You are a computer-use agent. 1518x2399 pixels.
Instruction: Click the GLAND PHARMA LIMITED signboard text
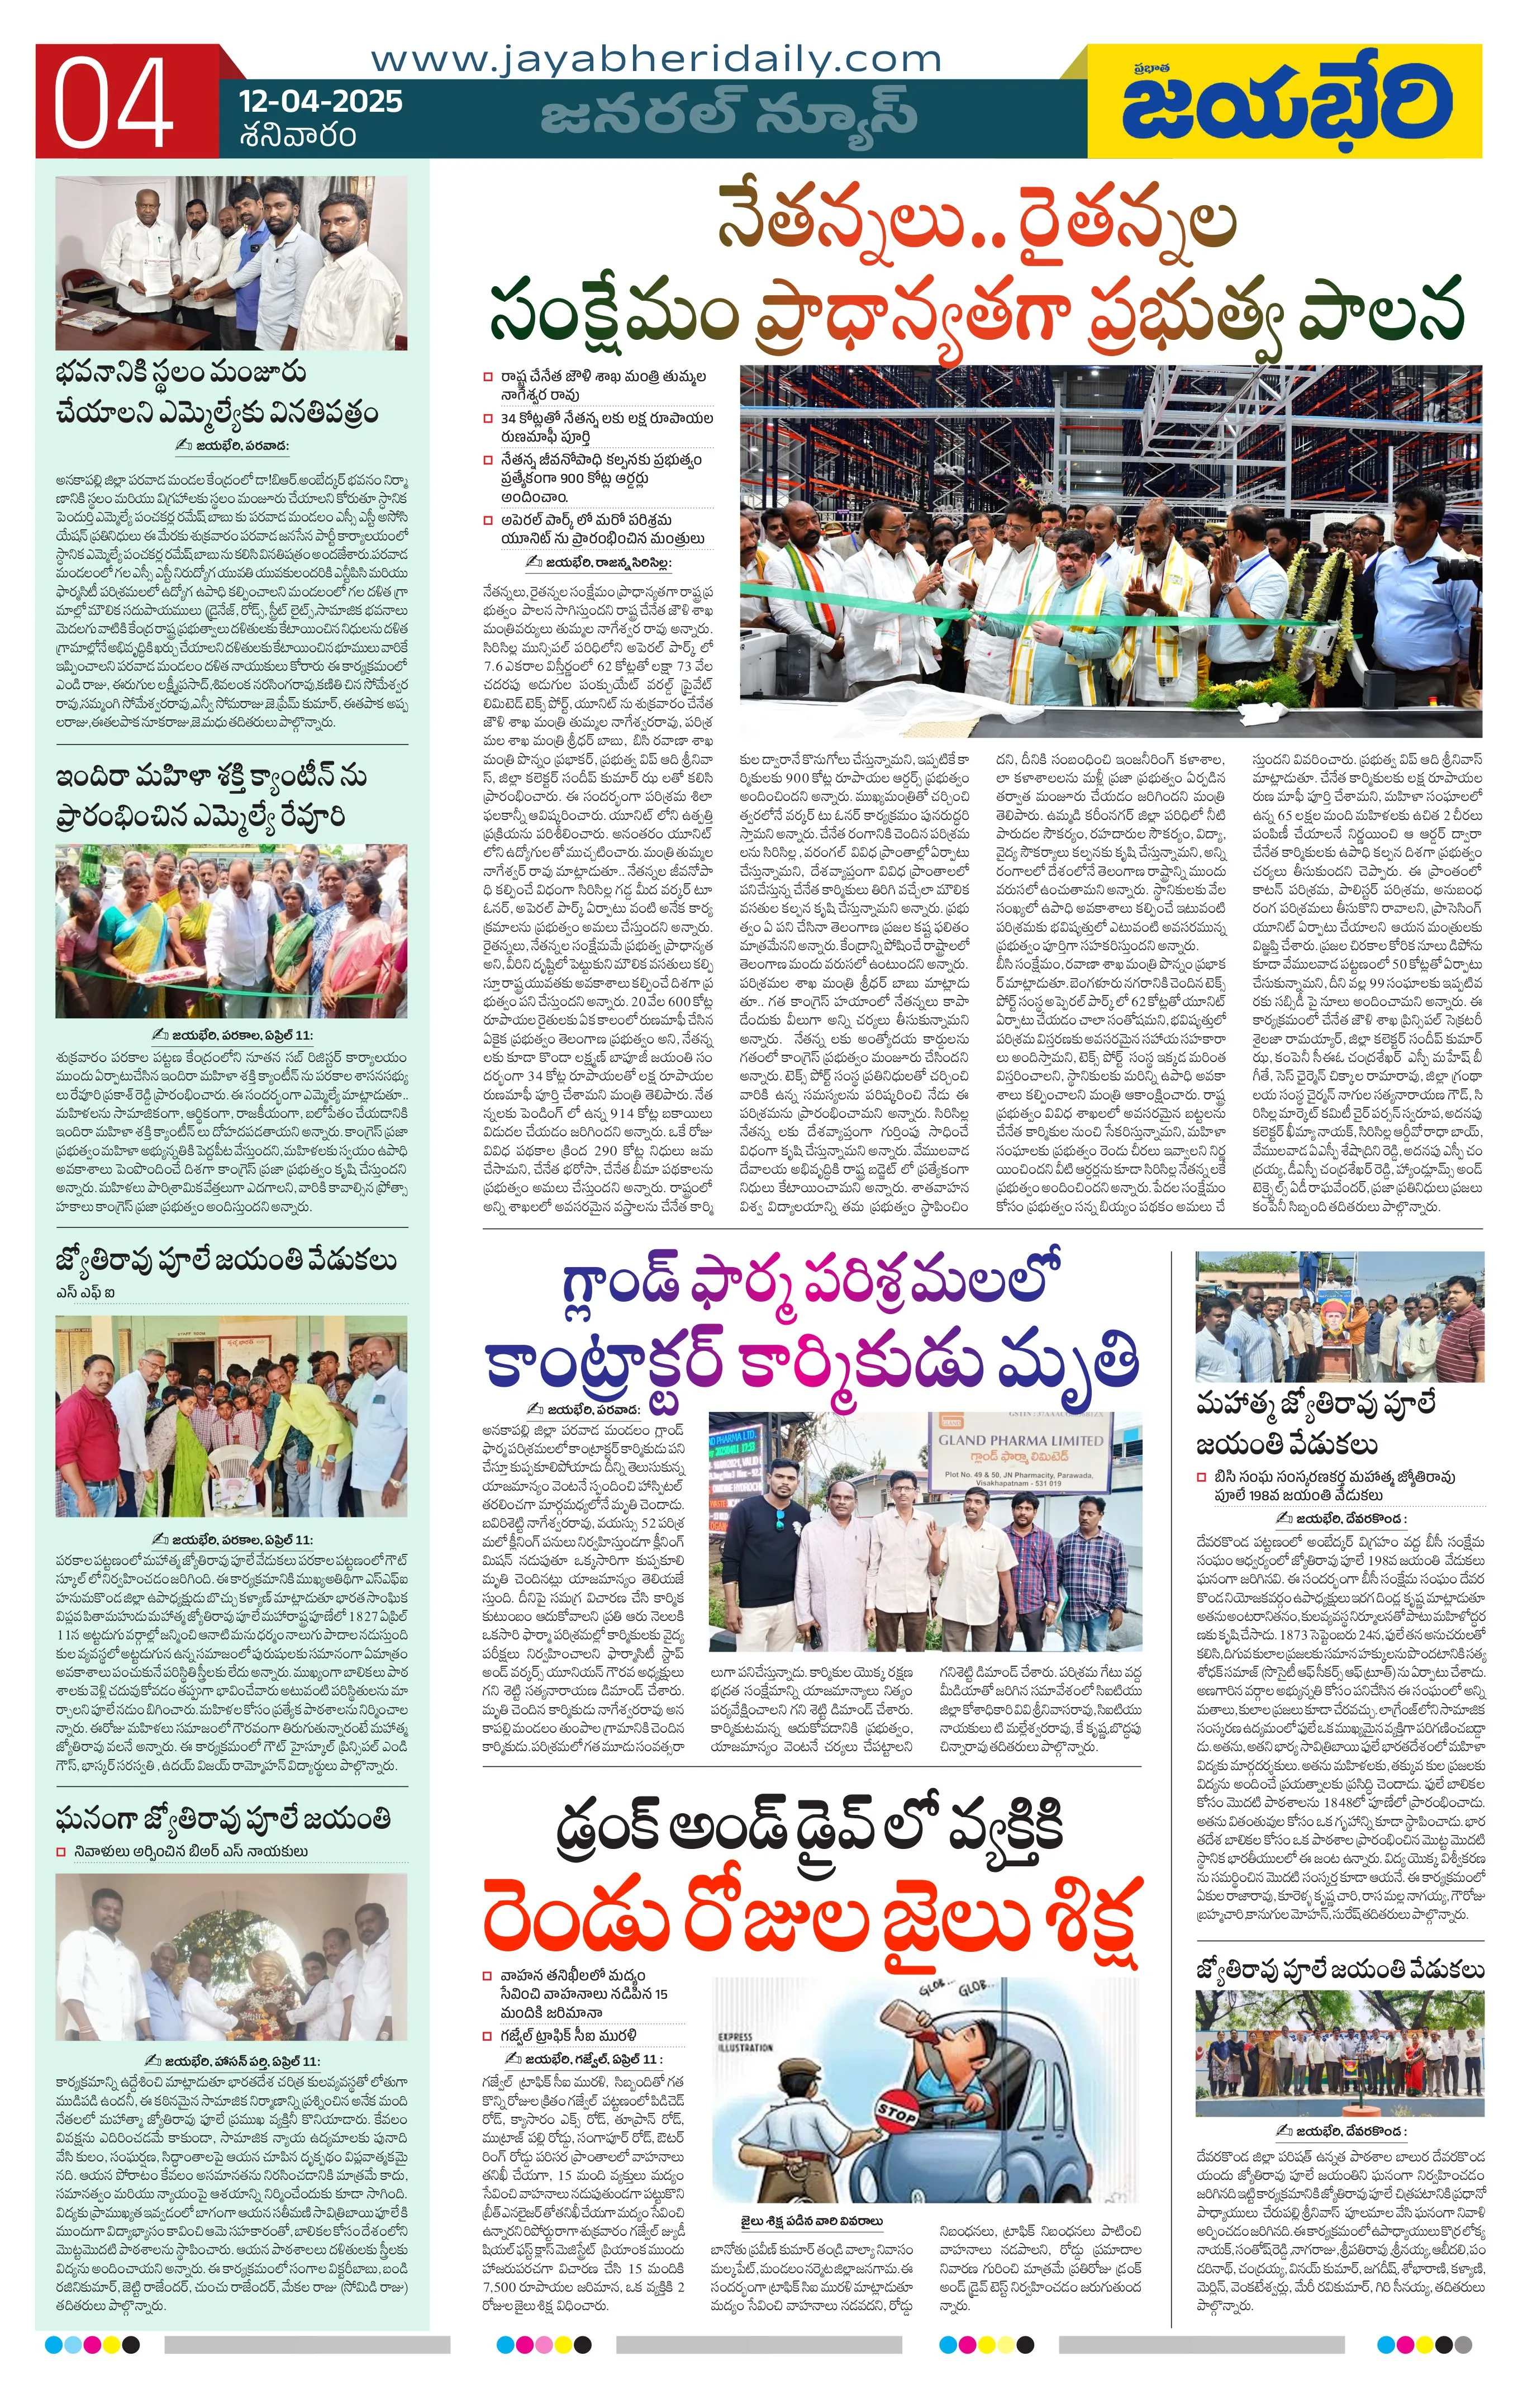click(1020, 1440)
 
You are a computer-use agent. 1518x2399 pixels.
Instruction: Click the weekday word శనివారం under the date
click(297, 135)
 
